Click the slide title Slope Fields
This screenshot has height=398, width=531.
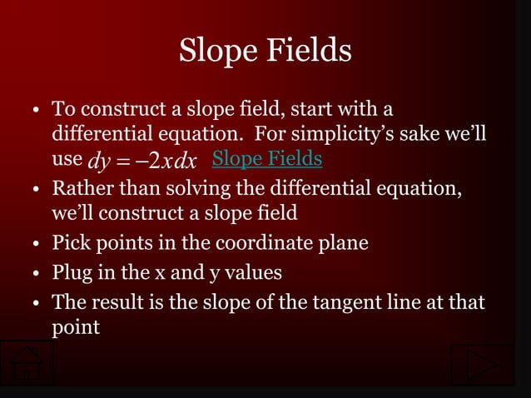(x=265, y=52)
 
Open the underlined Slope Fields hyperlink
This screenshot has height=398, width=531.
(x=267, y=158)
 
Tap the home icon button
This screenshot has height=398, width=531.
(x=27, y=365)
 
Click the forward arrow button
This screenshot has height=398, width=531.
(x=482, y=365)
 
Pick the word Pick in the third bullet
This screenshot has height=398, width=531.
(x=70, y=245)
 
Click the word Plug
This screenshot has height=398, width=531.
(x=72, y=273)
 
